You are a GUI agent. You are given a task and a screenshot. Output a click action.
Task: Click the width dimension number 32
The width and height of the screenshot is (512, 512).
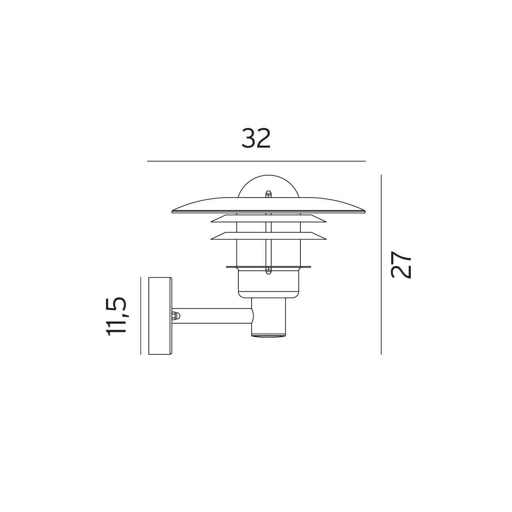coord(256,138)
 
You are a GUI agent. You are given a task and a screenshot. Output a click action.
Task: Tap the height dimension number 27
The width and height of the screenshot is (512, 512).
coord(401,264)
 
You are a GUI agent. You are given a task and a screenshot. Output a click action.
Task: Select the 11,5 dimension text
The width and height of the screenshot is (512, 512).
coord(116,316)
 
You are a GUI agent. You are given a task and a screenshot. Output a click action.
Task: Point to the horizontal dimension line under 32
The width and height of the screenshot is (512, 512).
coord(256,161)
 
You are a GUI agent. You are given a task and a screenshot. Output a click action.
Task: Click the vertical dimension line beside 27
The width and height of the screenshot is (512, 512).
coord(381,264)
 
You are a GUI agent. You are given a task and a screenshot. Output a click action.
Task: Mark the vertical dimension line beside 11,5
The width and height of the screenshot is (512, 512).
coord(141,316)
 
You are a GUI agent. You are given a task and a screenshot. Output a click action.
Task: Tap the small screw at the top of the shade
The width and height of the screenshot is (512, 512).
coord(268,194)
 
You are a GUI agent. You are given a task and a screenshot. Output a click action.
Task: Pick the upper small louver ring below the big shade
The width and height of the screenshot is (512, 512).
coord(268,218)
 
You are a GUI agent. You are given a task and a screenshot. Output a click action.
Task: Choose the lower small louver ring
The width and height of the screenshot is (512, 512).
coord(268,236)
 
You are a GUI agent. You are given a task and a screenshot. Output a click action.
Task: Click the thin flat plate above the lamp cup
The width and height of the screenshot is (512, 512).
coord(268,267)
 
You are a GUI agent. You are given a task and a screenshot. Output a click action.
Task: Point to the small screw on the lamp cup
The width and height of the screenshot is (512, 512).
coord(268,272)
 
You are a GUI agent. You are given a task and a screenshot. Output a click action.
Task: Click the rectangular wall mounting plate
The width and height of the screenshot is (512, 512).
coord(160,316)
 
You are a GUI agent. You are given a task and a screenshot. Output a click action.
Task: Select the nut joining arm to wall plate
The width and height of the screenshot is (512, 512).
coord(175,316)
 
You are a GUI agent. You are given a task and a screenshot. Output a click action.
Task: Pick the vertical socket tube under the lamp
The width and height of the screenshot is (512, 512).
coord(269,318)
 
